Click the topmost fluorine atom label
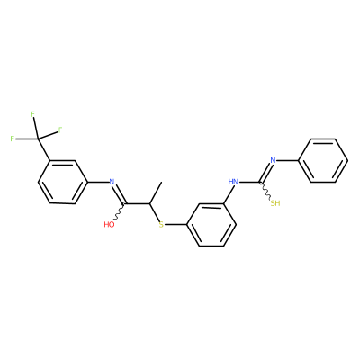coord(33,114)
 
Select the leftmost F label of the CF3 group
coord(13,139)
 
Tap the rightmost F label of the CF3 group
coord(60,130)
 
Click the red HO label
coord(110,224)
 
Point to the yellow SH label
coord(275,203)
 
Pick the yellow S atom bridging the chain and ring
coord(161,224)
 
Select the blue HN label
coord(233,182)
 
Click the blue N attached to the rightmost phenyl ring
coord(273,160)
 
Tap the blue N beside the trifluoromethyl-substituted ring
coord(112,182)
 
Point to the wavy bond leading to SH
coord(265,191)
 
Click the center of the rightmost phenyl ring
coord(323,160)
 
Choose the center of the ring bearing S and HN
coord(211,224)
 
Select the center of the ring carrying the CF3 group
coord(62,182)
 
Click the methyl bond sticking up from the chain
coord(156,193)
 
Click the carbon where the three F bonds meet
coord(38,139)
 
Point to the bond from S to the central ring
coord(175,224)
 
